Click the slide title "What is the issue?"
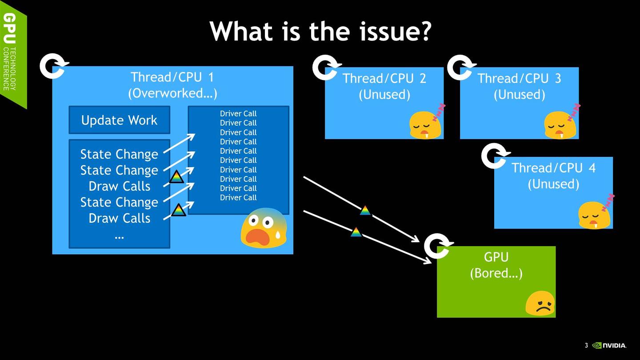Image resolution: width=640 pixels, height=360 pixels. pos(320,31)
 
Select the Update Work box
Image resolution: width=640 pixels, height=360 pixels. pos(120,120)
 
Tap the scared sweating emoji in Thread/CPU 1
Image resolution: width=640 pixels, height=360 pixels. pos(264,228)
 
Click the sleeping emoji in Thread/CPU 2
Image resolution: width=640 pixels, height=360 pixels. pos(427,122)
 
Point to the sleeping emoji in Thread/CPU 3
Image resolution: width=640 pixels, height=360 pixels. pos(562,122)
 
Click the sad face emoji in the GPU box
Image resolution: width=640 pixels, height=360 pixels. pos(540,304)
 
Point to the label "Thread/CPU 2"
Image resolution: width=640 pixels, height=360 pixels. pos(384,79)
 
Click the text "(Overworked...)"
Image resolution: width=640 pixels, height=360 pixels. pos(172,93)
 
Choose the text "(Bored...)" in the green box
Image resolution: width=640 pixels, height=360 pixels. pos(496,273)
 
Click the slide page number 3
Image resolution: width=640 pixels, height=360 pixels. pos(586,345)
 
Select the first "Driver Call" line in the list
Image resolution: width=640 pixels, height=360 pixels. pos(238,113)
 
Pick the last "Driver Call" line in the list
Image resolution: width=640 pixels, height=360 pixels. pos(238,197)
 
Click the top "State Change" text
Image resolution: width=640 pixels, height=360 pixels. pos(119,154)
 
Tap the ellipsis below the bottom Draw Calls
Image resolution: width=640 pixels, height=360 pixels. pos(119,237)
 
